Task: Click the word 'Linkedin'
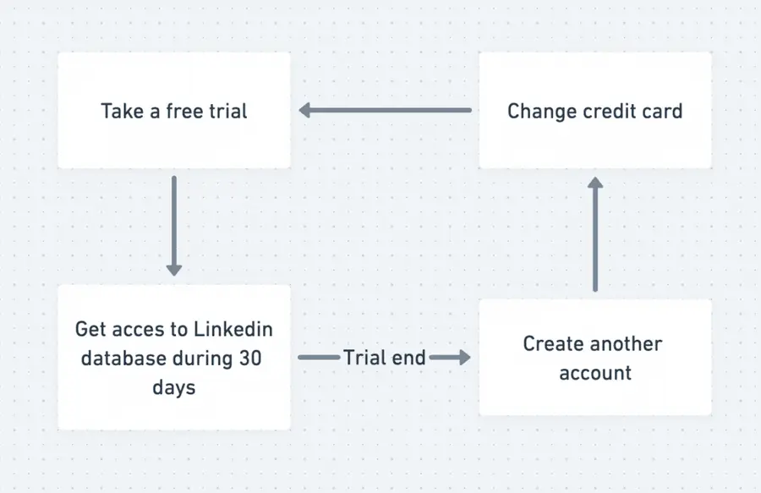tap(231, 329)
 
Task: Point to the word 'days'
tap(173, 387)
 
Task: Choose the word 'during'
tap(201, 358)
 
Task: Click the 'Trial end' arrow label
tap(384, 358)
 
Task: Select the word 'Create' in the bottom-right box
tap(553, 343)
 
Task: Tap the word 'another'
tap(627, 343)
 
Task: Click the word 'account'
tap(595, 373)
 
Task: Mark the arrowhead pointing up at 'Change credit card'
tap(595, 184)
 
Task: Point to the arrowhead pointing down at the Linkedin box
tap(173, 269)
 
